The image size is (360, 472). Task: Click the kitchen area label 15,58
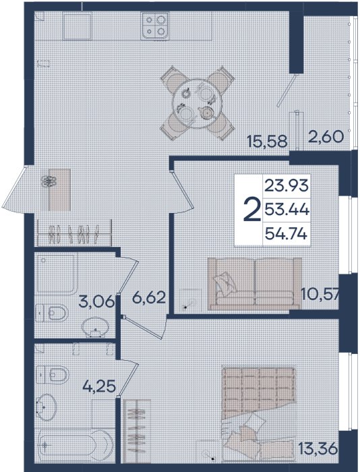pyautogui.click(x=267, y=141)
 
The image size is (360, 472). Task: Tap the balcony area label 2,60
pyautogui.click(x=326, y=137)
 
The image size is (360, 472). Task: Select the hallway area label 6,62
pyautogui.click(x=149, y=298)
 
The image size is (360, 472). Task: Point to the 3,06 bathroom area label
pyautogui.click(x=96, y=301)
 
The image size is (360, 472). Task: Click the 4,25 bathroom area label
pyautogui.click(x=99, y=386)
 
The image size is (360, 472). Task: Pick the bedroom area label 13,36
pyautogui.click(x=318, y=449)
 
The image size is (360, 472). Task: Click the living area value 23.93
pyautogui.click(x=287, y=185)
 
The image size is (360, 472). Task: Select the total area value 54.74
pyautogui.click(x=286, y=233)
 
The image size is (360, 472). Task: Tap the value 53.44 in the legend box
pyautogui.click(x=287, y=209)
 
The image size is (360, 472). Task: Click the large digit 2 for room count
pyautogui.click(x=251, y=209)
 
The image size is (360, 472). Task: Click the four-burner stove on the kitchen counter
pyautogui.click(x=154, y=26)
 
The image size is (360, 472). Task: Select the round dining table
pyautogui.click(x=197, y=103)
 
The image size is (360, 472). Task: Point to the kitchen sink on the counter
pyautogui.click(x=77, y=26)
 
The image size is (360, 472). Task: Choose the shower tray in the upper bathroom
pyautogui.click(x=56, y=274)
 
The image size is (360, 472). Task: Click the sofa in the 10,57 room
pyautogui.click(x=255, y=284)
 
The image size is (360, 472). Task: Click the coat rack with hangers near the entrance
pyautogui.click(x=74, y=233)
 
